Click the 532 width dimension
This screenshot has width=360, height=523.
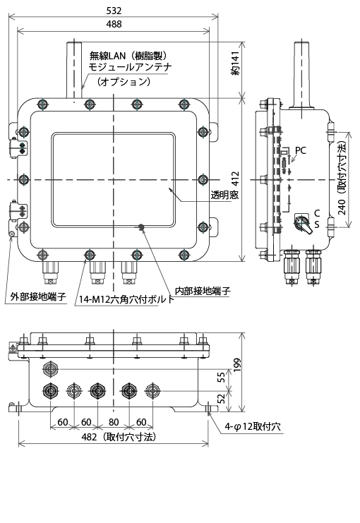click(x=113, y=10)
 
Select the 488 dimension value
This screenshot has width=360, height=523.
click(x=113, y=24)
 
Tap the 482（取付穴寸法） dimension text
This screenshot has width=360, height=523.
click(x=119, y=437)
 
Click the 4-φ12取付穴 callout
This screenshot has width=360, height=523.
click(x=253, y=427)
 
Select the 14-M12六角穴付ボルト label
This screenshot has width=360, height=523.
click(x=126, y=299)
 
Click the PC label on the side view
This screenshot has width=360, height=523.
click(x=301, y=150)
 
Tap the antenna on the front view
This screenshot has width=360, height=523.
click(x=72, y=71)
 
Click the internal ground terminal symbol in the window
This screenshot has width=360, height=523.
click(x=142, y=228)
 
